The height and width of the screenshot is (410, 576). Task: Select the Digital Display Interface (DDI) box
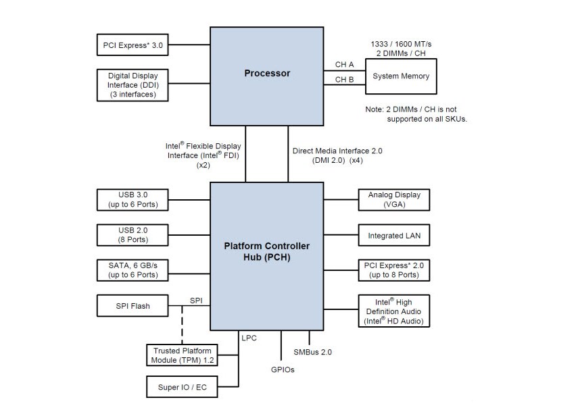click(x=133, y=84)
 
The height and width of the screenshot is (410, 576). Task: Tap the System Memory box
click(x=401, y=76)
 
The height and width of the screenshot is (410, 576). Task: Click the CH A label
click(x=345, y=65)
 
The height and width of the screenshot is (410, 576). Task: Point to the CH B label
click(x=345, y=80)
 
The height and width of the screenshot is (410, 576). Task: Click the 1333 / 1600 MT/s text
click(x=402, y=44)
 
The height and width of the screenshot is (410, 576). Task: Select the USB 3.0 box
click(x=133, y=199)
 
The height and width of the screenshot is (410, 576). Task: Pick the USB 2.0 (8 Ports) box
click(x=133, y=234)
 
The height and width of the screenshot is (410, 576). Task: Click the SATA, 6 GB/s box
click(x=133, y=270)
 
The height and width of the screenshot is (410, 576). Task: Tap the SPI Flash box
click(x=133, y=306)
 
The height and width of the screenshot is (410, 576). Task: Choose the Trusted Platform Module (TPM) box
click(x=182, y=355)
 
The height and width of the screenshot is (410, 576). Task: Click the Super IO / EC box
click(x=182, y=387)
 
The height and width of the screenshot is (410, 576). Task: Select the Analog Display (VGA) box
click(x=394, y=199)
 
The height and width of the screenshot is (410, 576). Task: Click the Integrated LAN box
click(x=394, y=236)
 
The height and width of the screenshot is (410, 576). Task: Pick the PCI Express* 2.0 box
click(x=394, y=270)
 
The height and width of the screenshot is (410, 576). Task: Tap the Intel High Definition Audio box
click(x=394, y=311)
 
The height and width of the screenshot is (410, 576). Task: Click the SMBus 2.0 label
click(x=312, y=352)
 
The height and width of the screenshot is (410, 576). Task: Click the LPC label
click(x=248, y=336)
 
